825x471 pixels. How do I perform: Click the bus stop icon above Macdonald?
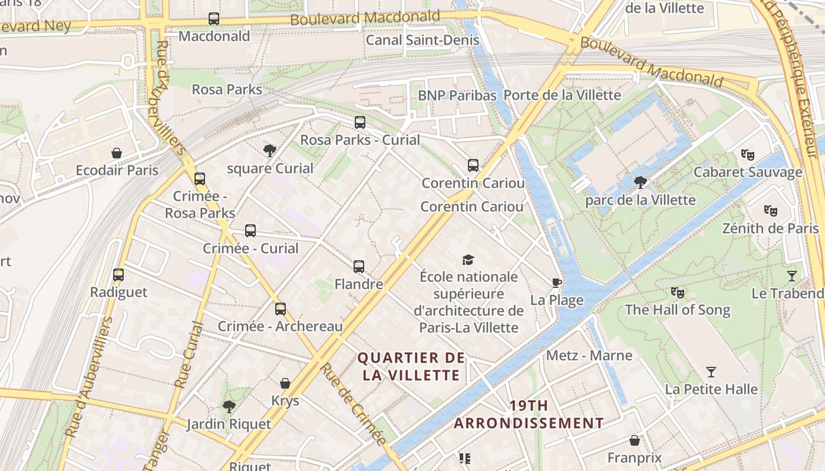click(x=214, y=19)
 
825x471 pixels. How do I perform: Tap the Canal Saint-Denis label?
click(x=423, y=40)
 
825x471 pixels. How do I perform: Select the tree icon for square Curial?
click(x=270, y=151)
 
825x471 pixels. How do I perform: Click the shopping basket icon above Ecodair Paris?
click(x=117, y=153)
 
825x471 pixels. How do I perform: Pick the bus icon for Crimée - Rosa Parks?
click(x=200, y=178)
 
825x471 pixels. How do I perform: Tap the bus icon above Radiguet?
click(x=118, y=275)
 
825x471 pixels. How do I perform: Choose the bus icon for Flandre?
click(x=359, y=267)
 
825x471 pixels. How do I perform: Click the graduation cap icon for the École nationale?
click(x=468, y=260)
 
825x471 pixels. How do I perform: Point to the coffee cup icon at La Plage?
click(x=556, y=283)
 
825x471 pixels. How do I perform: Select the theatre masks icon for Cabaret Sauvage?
click(x=747, y=155)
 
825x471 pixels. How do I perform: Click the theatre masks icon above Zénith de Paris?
click(x=770, y=210)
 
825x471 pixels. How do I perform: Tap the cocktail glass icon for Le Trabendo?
click(x=791, y=276)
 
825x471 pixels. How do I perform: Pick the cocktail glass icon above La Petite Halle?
click(x=711, y=372)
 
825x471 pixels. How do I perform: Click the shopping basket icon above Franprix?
click(x=635, y=440)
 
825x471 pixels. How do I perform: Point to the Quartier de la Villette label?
click(x=411, y=366)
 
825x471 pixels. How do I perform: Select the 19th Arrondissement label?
click(x=529, y=414)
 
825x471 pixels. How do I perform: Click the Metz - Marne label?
click(x=589, y=356)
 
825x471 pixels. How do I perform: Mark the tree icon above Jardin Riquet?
click(x=229, y=406)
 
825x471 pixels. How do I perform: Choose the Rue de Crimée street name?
click(x=353, y=403)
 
